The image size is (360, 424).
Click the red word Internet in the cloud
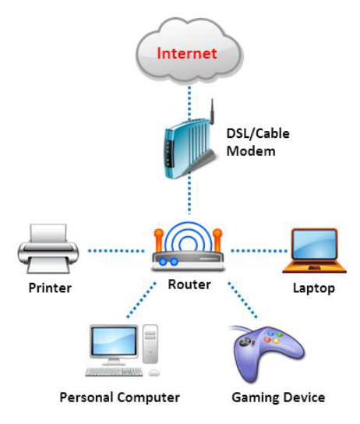[x=187, y=54]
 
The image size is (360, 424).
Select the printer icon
[x=46, y=250]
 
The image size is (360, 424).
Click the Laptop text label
[x=313, y=288]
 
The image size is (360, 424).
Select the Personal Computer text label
[x=120, y=397]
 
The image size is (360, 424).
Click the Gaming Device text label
[x=278, y=397]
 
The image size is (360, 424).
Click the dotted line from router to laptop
[x=257, y=250]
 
